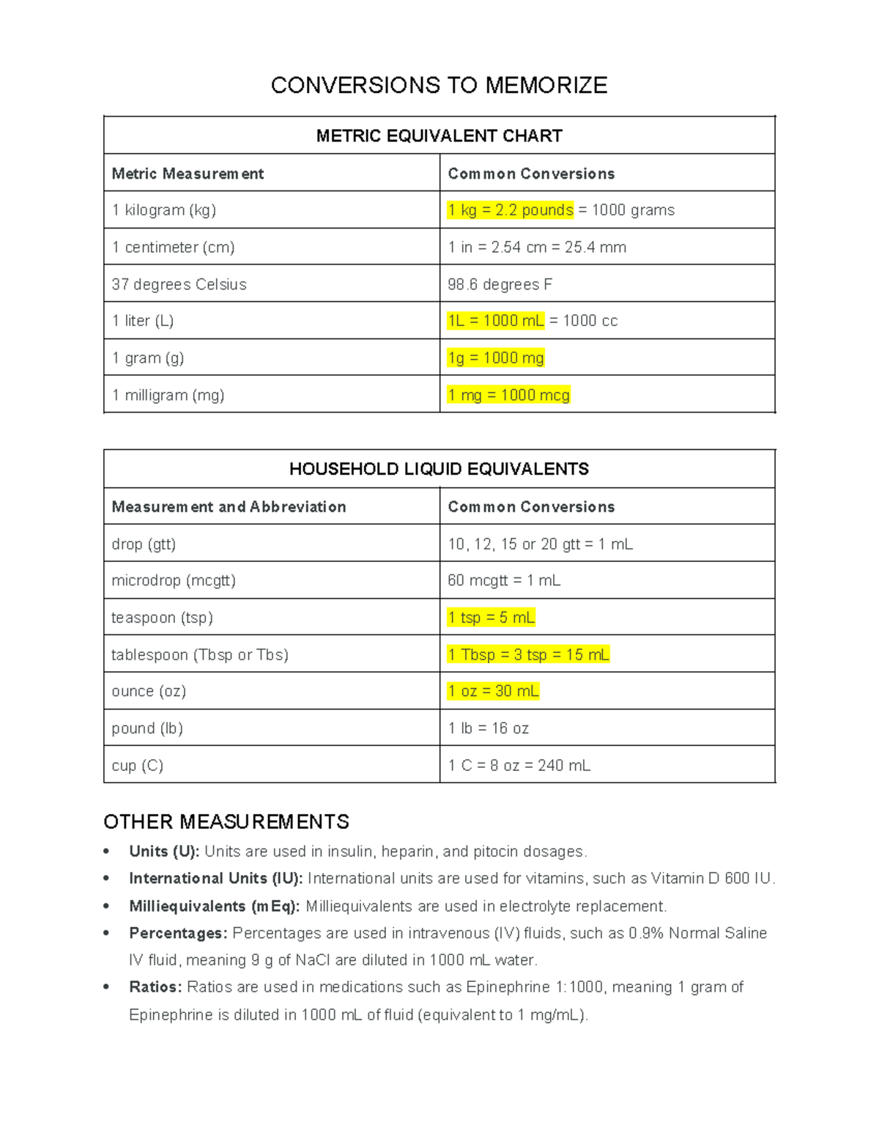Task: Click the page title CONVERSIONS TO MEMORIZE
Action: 439,86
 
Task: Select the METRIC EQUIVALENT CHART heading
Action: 439,136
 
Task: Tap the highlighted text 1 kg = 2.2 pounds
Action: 510,210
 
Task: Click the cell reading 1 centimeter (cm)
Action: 173,248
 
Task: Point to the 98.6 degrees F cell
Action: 500,284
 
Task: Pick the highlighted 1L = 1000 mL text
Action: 495,321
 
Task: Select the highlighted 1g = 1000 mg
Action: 495,358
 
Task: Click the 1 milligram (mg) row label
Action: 168,396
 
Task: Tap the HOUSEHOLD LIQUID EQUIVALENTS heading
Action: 439,470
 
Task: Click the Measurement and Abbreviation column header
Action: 229,507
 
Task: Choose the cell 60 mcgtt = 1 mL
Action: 504,581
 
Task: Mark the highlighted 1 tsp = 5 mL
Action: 491,618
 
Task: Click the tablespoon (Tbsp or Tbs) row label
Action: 199,655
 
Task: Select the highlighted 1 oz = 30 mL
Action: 493,692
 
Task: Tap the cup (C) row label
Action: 137,766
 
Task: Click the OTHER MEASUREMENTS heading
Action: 226,822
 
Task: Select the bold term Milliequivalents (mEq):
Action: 214,906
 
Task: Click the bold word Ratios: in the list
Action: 155,987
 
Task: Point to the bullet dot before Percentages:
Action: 107,934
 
